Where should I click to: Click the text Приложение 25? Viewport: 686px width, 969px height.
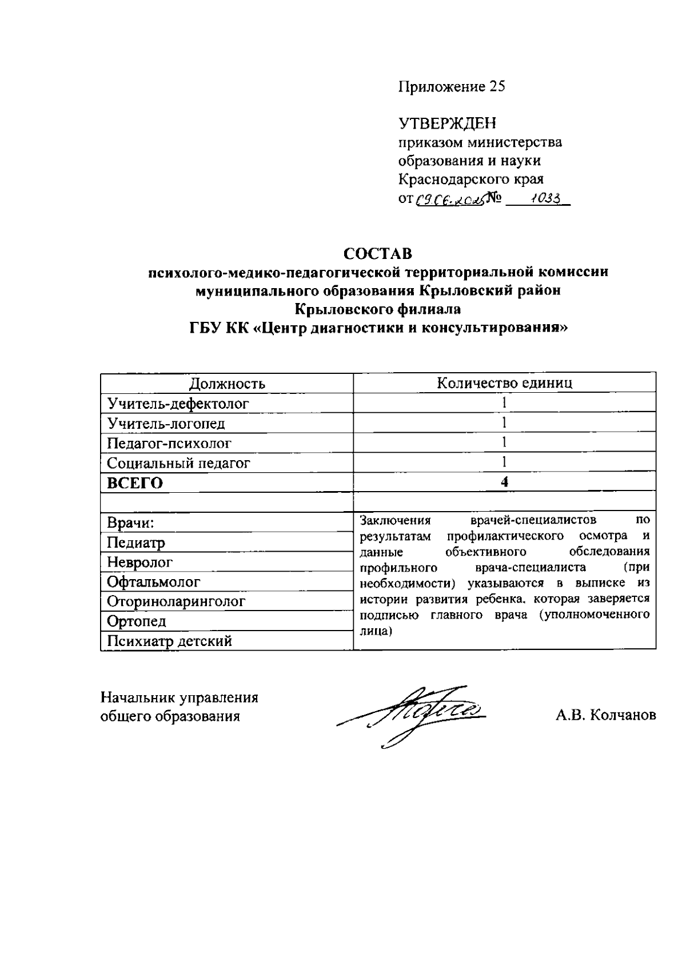pos(452,86)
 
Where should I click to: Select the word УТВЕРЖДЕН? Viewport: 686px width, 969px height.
pos(447,123)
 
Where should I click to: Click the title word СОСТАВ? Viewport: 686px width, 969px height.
pos(377,253)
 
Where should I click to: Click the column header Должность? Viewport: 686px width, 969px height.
pos(227,384)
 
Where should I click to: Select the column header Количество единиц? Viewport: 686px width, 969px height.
pos(504,383)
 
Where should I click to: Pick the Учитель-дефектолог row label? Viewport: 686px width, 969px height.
pos(178,404)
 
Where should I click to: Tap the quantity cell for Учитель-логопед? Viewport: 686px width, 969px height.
pos(504,423)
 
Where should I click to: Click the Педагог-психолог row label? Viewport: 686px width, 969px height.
pos(169,443)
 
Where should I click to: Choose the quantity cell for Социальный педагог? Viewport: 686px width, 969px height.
pos(504,462)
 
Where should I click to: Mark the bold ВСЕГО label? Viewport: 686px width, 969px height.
pos(135,483)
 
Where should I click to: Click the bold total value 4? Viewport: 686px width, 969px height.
pos(504,482)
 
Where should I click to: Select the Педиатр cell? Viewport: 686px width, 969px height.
pos(136,543)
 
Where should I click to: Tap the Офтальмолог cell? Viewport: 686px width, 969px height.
pos(154,582)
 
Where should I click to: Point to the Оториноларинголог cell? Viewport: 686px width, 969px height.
pos(176,601)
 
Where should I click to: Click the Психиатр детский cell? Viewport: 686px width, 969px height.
pos(169,641)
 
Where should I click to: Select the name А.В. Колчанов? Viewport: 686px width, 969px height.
pos(605,715)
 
